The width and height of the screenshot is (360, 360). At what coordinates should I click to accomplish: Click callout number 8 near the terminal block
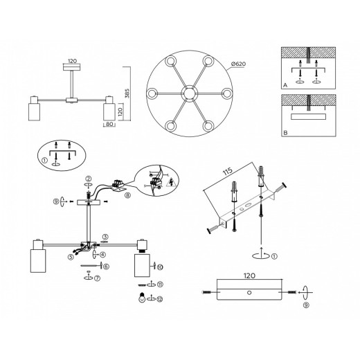(127, 196)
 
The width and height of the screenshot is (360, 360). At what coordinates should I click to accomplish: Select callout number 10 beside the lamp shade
(159, 267)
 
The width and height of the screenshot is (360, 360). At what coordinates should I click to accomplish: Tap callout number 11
(159, 285)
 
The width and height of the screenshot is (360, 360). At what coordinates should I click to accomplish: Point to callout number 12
(159, 299)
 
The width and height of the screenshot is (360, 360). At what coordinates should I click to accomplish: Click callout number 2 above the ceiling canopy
(88, 179)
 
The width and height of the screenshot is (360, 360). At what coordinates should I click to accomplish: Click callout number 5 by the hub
(70, 257)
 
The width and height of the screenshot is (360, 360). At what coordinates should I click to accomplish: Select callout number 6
(106, 265)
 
